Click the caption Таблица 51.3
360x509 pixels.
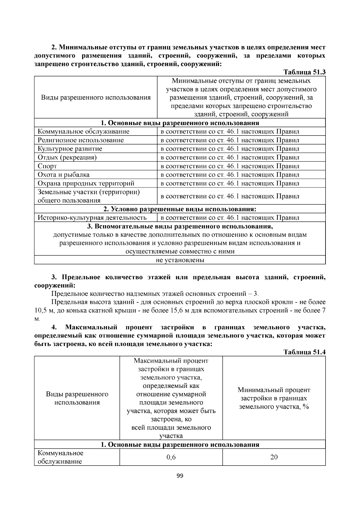(304, 72)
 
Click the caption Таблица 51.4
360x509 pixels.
(304, 352)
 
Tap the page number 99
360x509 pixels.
(180, 476)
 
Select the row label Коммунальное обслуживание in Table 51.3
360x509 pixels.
(83, 131)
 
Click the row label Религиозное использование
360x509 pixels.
(80, 140)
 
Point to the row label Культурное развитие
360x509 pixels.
(70, 149)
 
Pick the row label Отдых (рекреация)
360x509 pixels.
(67, 157)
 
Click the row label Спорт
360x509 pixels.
(47, 166)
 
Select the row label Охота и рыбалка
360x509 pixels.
(63, 175)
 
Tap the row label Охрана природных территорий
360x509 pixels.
(86, 183)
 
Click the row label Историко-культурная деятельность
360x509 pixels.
(92, 218)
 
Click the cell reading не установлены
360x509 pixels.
(180, 260)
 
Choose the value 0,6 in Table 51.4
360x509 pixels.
(171, 457)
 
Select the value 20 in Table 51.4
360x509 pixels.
(274, 457)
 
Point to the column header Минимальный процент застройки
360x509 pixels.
(274, 398)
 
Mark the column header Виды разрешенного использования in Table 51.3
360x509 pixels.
(96, 97)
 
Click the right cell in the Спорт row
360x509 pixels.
(230, 166)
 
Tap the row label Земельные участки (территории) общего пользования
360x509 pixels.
(88, 196)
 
